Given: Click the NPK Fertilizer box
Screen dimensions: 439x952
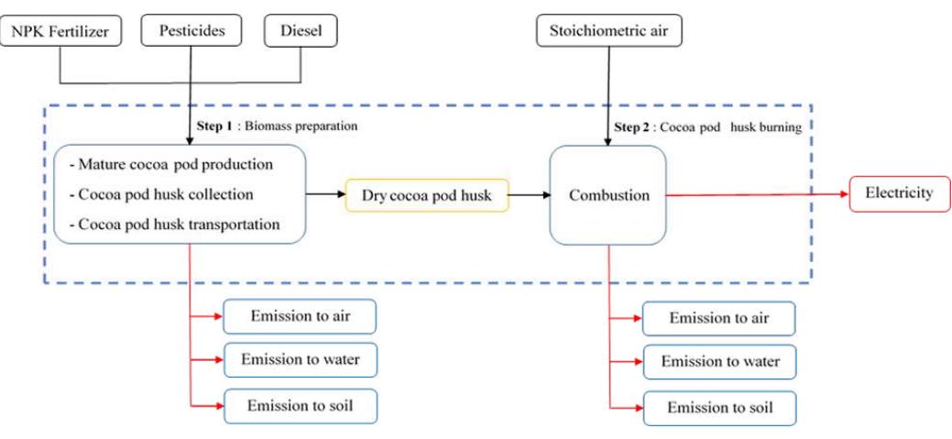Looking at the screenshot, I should point(60,32).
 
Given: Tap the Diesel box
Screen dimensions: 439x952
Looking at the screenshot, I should point(301,32).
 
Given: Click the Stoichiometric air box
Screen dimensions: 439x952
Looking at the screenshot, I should point(608,32).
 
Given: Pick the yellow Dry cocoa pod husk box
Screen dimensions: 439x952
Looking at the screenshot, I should point(426,195).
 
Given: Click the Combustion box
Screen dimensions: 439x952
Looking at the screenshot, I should point(607,195).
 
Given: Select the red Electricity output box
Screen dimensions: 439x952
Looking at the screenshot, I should point(899,193).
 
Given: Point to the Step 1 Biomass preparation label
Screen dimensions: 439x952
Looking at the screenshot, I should point(276,126).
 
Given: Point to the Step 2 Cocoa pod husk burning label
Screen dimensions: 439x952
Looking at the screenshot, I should point(707,127).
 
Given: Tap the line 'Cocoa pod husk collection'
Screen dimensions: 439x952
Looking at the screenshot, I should point(166,194).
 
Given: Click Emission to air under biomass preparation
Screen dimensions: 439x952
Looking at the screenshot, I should point(300,316).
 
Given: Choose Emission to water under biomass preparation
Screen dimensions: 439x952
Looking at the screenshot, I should point(300,360).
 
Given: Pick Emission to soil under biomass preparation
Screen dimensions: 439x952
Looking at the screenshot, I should point(300,404).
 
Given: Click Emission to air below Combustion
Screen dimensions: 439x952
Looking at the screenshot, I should point(718,318).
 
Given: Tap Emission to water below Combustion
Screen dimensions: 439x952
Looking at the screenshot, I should point(719,362).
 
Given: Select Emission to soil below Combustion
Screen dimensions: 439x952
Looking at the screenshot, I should point(719,407).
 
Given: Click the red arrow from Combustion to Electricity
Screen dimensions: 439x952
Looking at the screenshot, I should point(756,194).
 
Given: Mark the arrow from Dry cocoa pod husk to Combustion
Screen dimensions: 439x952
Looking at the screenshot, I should point(529,195).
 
